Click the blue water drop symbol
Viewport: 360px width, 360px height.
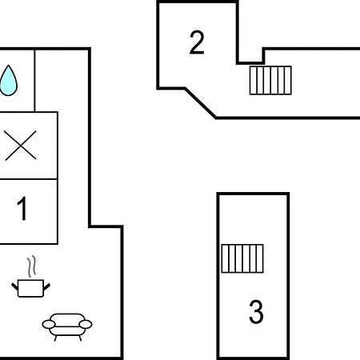(9, 81)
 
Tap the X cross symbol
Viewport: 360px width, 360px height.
(21, 146)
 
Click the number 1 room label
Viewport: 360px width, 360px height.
(22, 209)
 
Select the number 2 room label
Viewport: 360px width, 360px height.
(197, 42)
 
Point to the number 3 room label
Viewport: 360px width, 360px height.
(256, 311)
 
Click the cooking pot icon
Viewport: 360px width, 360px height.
(30, 288)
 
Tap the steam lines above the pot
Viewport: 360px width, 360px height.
(31, 266)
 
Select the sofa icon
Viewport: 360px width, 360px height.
(67, 327)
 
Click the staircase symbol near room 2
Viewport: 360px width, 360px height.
(270, 80)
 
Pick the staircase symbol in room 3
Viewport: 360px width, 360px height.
(242, 258)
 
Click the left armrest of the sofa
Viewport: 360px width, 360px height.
(49, 324)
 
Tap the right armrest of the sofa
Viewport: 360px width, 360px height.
(86, 324)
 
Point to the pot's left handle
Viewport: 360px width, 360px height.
(14, 287)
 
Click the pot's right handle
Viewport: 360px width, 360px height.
(46, 287)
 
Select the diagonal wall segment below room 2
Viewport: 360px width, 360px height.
(201, 102)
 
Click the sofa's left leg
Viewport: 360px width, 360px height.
(56, 338)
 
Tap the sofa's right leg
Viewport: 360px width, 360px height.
(80, 338)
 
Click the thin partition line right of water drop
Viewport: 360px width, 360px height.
(34, 81)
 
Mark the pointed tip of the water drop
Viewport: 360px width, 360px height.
(9, 65)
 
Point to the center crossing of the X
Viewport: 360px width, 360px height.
(21, 146)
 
